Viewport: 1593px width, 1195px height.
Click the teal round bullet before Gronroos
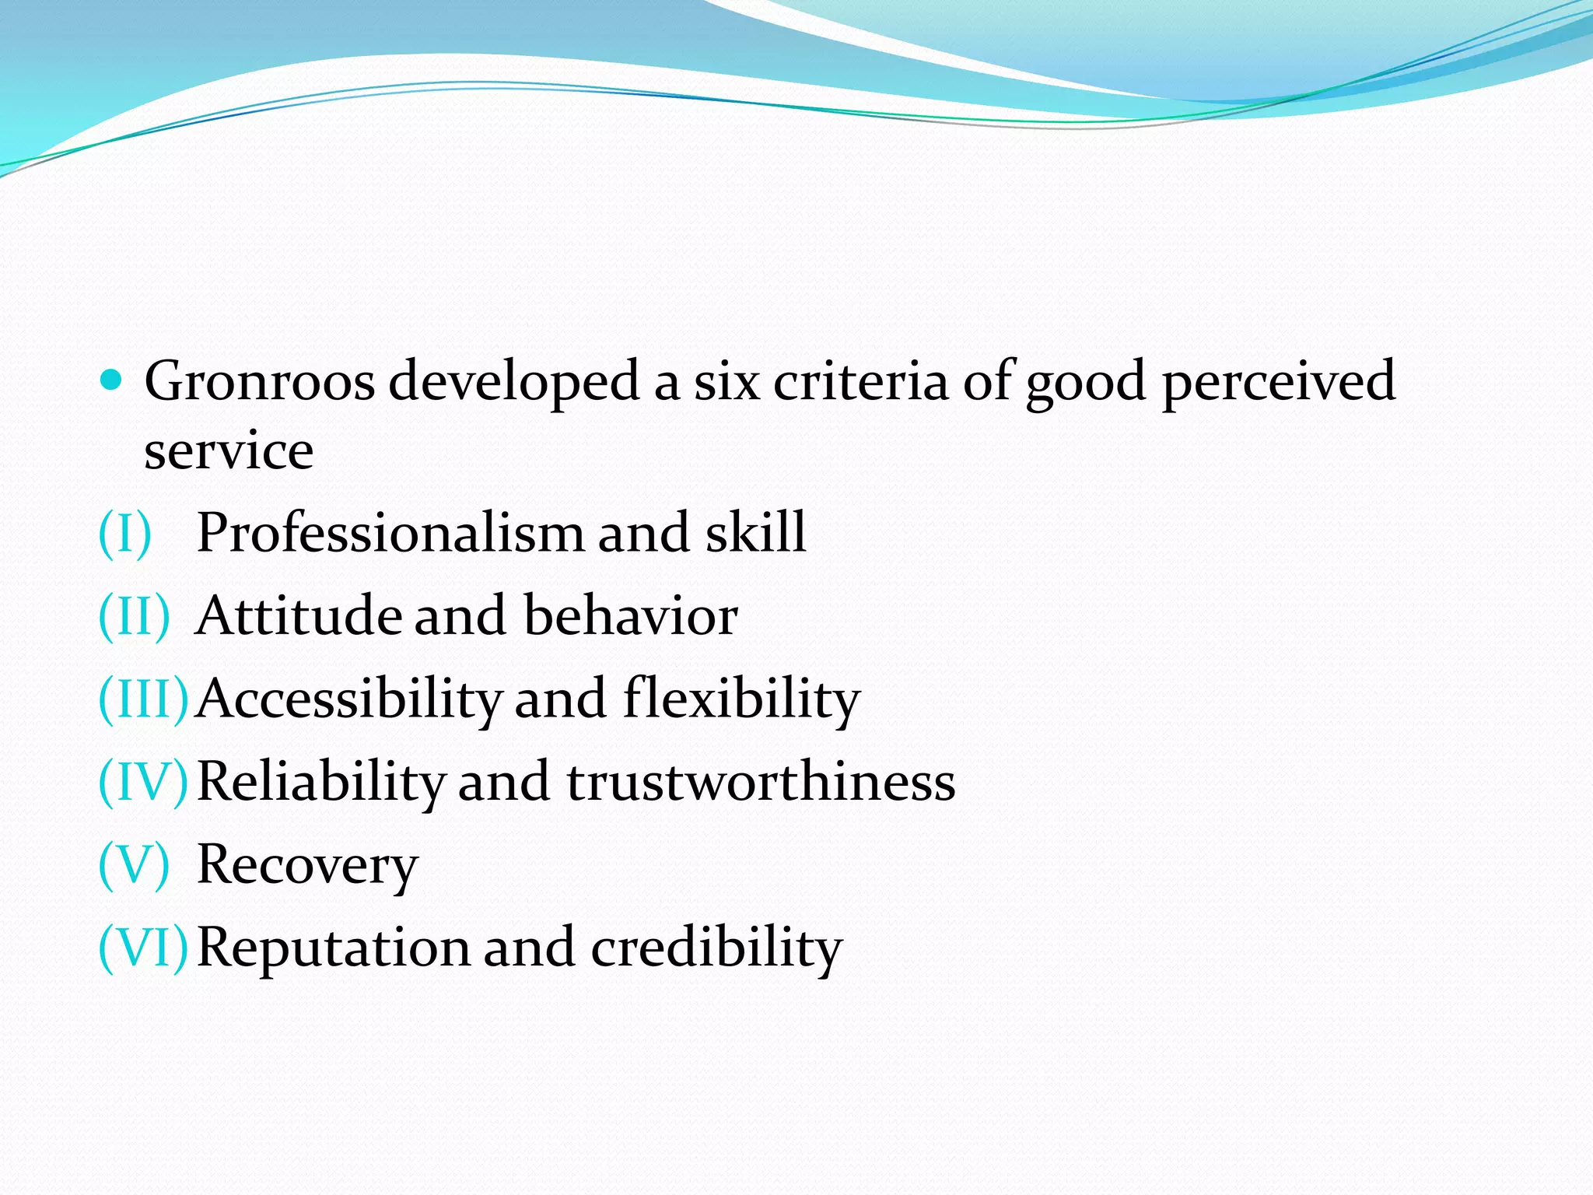pyautogui.click(x=112, y=380)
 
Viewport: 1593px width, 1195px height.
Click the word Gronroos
pyautogui.click(x=259, y=381)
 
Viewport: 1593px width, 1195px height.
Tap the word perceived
pyautogui.click(x=1278, y=383)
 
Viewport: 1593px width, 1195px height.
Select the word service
pyautogui.click(x=229, y=450)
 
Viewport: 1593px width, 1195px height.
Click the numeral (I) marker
pyautogui.click(x=124, y=534)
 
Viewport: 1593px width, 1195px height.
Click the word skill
pyautogui.click(x=755, y=534)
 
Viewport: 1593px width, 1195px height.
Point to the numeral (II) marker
pyautogui.click(x=133, y=616)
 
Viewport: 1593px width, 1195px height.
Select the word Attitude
pyautogui.click(x=299, y=616)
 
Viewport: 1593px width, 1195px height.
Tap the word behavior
pyautogui.click(x=630, y=616)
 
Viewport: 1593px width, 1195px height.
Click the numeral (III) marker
pyautogui.click(x=143, y=699)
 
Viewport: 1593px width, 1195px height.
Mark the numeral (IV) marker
pyautogui.click(x=143, y=782)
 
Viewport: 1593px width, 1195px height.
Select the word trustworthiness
pyautogui.click(x=761, y=782)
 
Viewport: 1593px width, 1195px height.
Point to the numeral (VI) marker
pyautogui.click(x=143, y=948)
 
